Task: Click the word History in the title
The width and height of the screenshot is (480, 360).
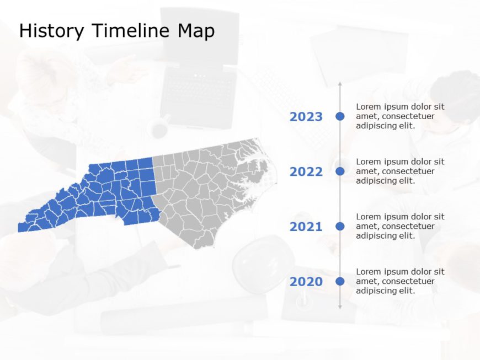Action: click(x=51, y=31)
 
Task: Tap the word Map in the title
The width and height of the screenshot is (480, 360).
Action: click(x=196, y=32)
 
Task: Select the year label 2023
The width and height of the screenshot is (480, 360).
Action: click(x=306, y=117)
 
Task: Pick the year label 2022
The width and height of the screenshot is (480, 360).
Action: click(x=306, y=172)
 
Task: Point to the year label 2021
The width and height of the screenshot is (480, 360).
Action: click(x=306, y=227)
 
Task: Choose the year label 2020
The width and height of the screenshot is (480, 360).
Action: click(x=306, y=282)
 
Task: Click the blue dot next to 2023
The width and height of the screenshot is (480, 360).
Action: click(x=340, y=116)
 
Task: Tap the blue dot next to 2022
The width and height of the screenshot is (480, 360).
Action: click(x=340, y=171)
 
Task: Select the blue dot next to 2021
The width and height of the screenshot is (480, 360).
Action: click(x=340, y=226)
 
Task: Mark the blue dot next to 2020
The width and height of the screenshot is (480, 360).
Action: click(x=340, y=281)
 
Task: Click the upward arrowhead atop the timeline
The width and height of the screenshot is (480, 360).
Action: click(x=340, y=84)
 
